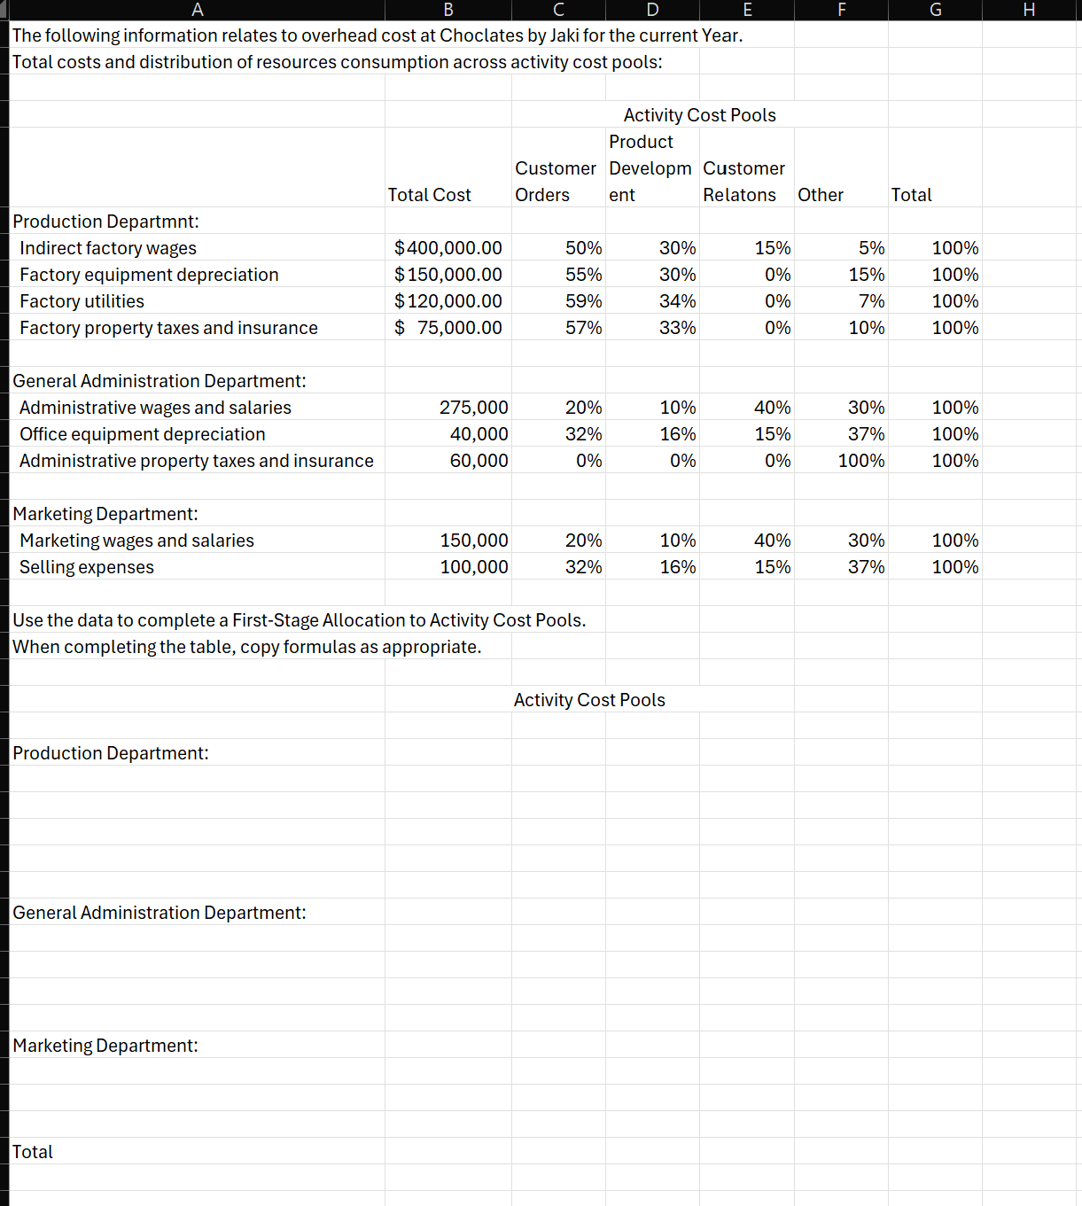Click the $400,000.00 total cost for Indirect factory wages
(448, 248)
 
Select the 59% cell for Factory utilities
(583, 301)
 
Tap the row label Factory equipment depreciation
(149, 275)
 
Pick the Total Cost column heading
(429, 195)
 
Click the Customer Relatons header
(743, 182)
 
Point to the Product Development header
(650, 168)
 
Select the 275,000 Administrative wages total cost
(473, 408)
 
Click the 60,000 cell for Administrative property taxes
(479, 461)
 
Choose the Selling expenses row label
(87, 567)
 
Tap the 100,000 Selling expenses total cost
(474, 567)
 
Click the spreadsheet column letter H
(1029, 10)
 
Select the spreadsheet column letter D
(652, 10)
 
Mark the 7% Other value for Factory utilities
(871, 301)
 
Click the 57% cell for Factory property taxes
(583, 328)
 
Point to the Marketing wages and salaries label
(136, 541)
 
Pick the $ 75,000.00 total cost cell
(448, 328)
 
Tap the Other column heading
(820, 195)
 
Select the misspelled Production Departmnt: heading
(105, 222)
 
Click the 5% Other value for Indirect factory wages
(871, 248)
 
